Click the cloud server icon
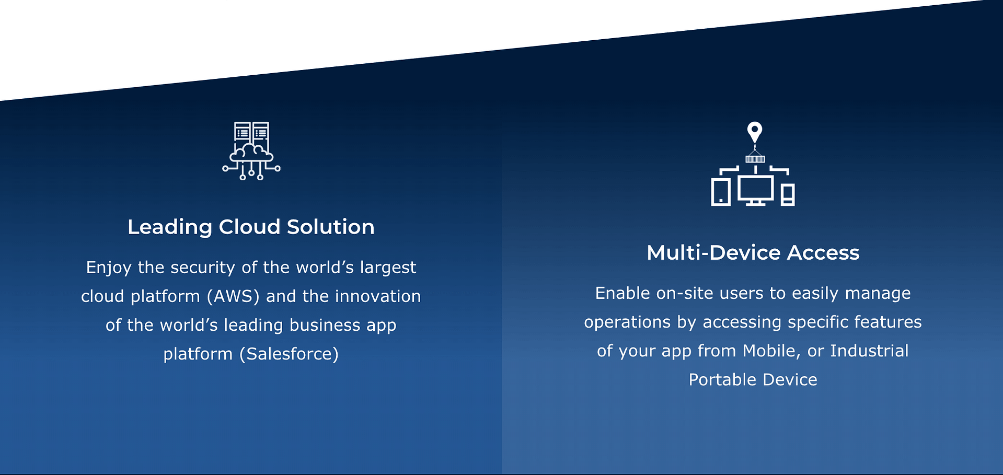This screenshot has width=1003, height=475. click(251, 151)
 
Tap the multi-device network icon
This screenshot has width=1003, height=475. click(753, 164)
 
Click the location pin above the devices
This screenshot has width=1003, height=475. click(755, 132)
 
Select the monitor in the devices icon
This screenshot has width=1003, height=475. click(756, 190)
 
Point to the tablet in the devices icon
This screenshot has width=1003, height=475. click(721, 192)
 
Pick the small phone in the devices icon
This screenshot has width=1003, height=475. click(788, 195)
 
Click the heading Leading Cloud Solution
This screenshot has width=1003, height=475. click(251, 227)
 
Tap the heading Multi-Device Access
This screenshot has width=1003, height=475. click(753, 252)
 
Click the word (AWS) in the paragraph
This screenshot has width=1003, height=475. click(233, 296)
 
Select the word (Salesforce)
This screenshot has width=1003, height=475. click(289, 354)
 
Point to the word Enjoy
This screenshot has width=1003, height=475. click(109, 268)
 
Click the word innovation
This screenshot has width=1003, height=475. click(378, 296)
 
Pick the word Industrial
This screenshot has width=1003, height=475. click(870, 351)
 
